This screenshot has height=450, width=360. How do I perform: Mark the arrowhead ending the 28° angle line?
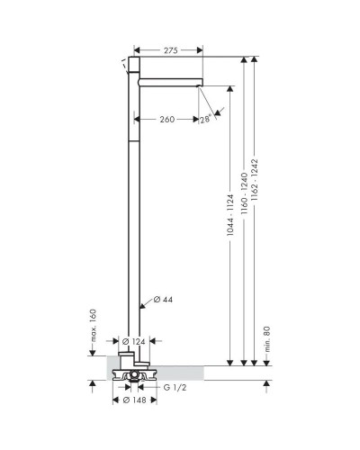coord(215,111)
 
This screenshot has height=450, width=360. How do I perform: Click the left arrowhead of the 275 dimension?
coord(137,50)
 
